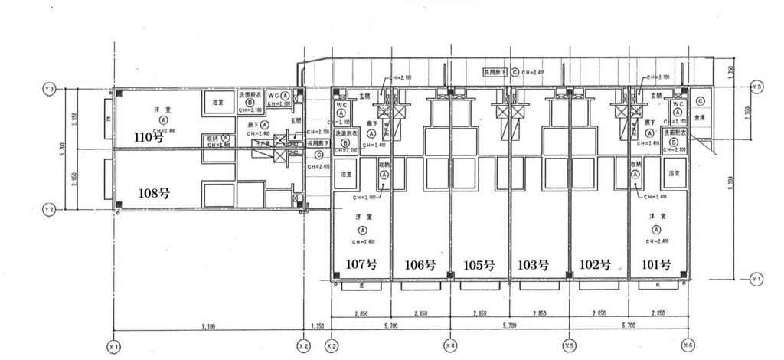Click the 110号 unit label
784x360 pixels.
click(150, 138)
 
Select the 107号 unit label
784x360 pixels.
click(361, 265)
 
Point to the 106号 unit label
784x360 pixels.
click(420, 265)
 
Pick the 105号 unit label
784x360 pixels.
click(479, 265)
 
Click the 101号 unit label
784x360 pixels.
click(655, 265)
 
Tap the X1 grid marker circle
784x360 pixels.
click(114, 346)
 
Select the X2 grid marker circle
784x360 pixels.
click(303, 346)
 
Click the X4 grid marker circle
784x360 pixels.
click(450, 346)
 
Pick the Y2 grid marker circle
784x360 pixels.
click(49, 209)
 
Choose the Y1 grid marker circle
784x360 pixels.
click(757, 280)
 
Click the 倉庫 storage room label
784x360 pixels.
click(699, 119)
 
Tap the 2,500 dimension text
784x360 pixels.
click(737, 113)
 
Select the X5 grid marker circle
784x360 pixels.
click(569, 346)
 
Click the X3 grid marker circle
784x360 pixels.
click(332, 346)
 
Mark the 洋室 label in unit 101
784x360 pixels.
click(655, 217)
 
